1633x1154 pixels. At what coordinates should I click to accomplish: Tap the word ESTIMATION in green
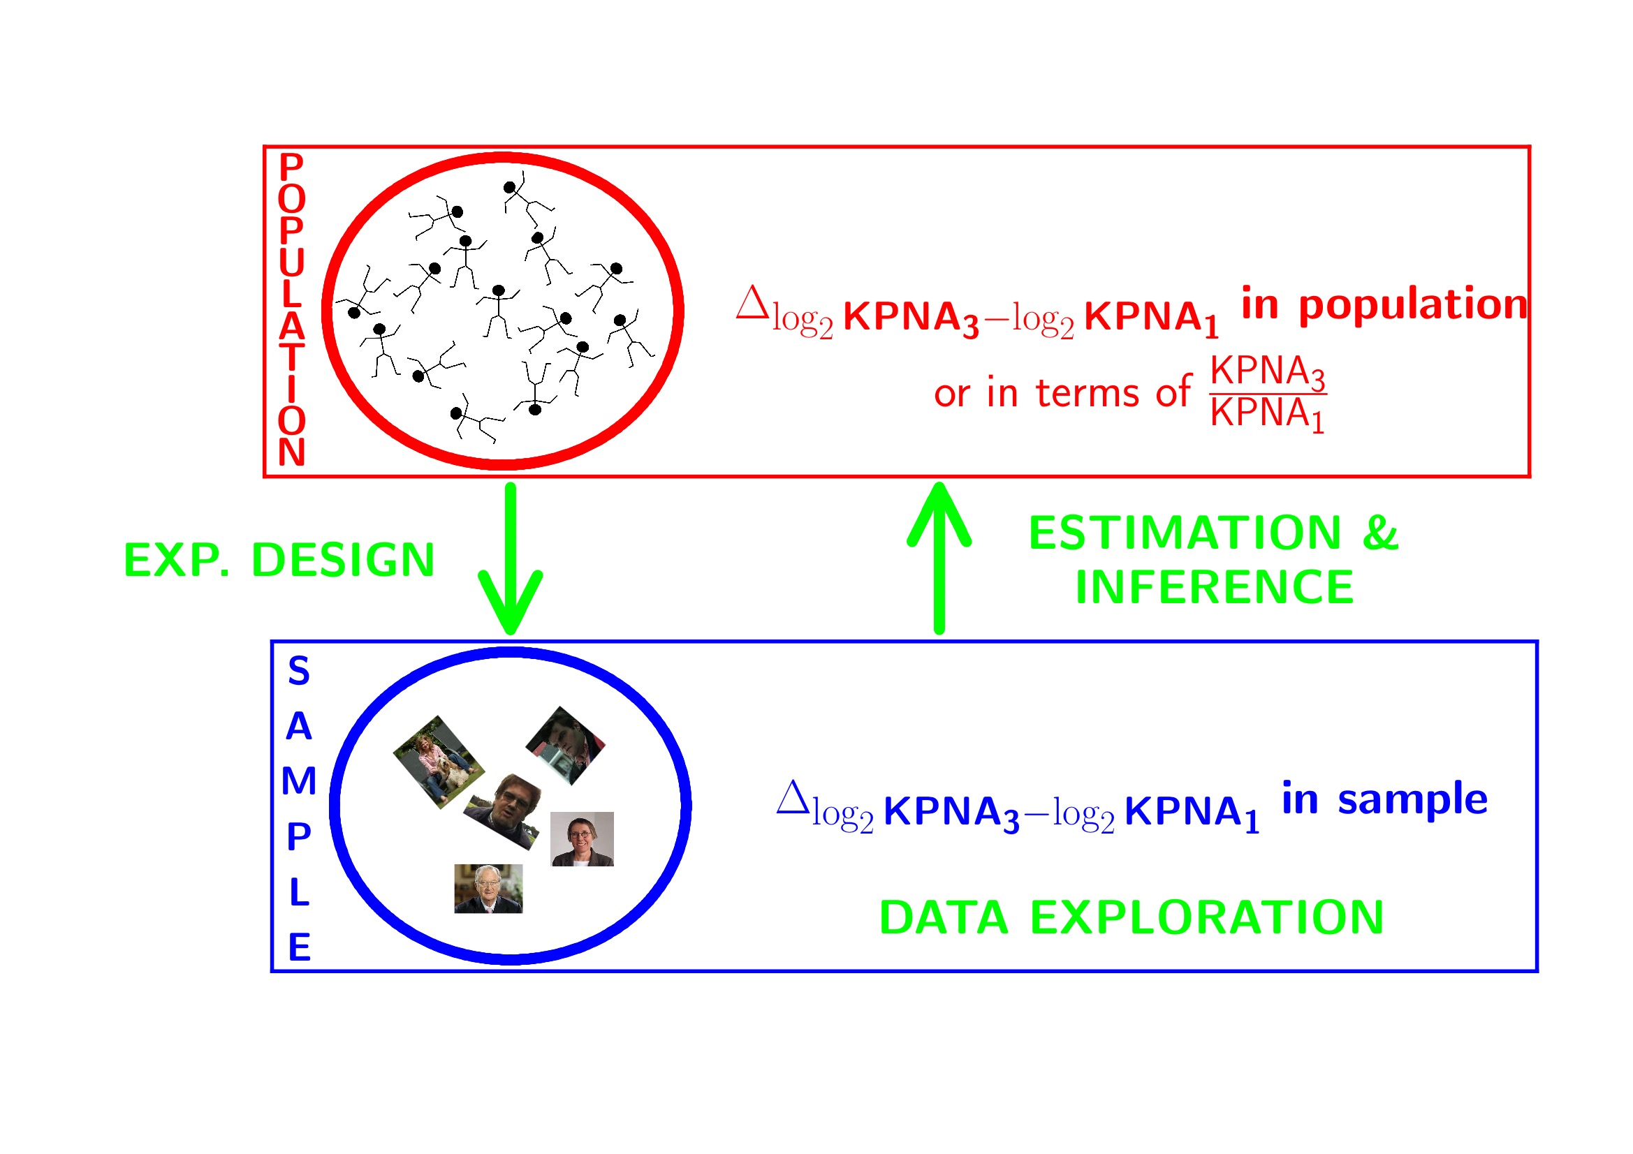(1185, 533)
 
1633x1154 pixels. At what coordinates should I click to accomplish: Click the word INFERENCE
(1214, 587)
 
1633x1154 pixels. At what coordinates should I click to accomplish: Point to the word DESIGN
(343, 561)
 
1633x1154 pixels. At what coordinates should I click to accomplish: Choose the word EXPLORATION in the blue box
(1207, 917)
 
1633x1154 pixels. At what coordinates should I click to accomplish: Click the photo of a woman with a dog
(439, 762)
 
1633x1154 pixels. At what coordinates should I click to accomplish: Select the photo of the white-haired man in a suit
(488, 889)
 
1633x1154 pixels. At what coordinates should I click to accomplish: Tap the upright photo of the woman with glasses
(582, 839)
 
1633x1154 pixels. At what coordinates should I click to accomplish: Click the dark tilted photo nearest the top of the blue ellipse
(566, 745)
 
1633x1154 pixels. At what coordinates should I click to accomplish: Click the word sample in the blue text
(1412, 799)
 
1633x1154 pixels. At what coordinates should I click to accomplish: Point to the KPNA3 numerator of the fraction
(1268, 372)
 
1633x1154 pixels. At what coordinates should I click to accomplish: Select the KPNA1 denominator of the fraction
(1268, 414)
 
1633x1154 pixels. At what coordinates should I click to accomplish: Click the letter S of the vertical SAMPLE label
(299, 671)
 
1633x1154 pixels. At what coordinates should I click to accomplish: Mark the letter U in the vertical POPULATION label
(292, 262)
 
